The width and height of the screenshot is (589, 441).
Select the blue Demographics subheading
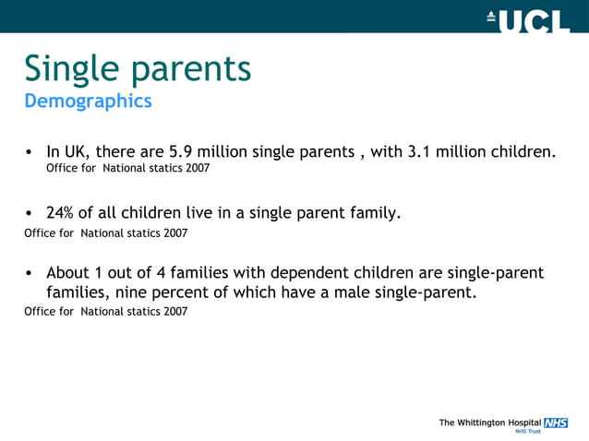[88, 101]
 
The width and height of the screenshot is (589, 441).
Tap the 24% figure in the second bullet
[62, 213]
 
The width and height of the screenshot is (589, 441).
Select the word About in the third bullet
[67, 273]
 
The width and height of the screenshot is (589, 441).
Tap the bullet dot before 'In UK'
[30, 152]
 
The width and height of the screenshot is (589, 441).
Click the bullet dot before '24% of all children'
[30, 214]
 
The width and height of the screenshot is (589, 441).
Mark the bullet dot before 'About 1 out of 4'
[30, 274]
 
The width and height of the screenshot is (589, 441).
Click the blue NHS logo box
[556, 422]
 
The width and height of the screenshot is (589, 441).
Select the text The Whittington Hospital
[490, 423]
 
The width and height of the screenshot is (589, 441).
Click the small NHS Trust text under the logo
[528, 431]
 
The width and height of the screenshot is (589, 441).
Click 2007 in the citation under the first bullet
[196, 169]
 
